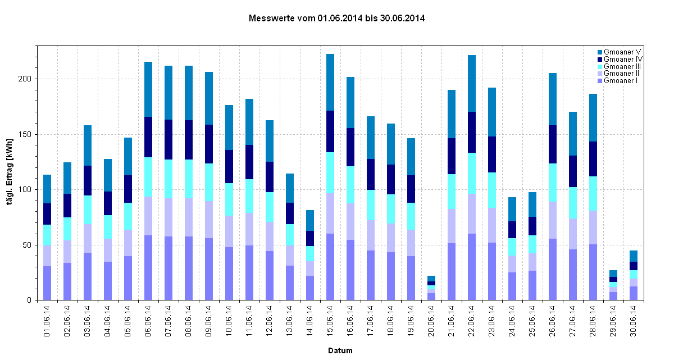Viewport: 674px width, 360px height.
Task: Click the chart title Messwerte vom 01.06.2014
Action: tap(336, 19)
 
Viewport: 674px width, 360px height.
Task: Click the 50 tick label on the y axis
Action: tap(27, 245)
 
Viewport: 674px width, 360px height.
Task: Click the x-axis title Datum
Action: tap(340, 350)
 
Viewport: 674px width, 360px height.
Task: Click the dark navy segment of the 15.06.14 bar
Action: tap(330, 131)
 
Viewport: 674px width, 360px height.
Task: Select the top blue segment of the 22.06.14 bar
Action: tap(472, 83)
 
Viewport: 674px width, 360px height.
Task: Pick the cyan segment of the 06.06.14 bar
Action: tap(148, 177)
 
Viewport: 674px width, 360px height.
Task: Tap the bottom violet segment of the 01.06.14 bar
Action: tap(47, 283)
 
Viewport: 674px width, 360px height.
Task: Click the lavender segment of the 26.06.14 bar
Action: tap(553, 220)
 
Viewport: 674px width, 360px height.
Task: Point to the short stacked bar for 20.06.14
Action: tap(431, 288)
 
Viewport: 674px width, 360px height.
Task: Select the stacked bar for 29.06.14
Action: tap(613, 285)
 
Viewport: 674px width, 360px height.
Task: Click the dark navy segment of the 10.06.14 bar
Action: tap(229, 167)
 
